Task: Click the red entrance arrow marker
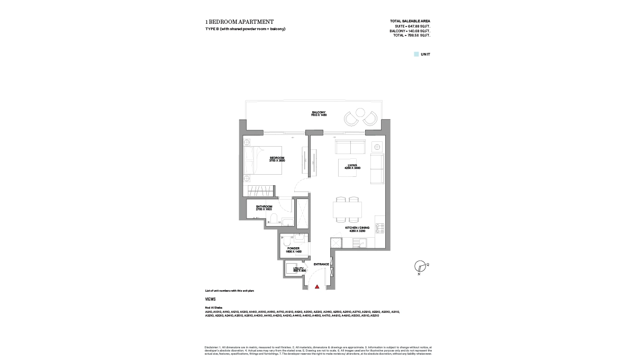(x=317, y=286)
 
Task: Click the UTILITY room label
(x=299, y=269)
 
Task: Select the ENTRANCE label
(x=321, y=264)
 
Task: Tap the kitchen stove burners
(x=379, y=228)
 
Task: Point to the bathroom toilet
(x=273, y=219)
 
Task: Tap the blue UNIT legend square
(x=416, y=54)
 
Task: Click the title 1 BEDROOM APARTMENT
(x=239, y=22)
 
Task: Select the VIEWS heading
(x=210, y=299)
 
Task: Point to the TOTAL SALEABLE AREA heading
(x=410, y=21)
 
